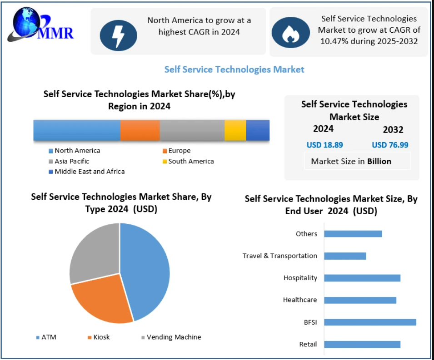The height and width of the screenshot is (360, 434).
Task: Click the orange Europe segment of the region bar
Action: click(x=140, y=130)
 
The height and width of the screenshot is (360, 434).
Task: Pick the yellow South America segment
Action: click(x=235, y=130)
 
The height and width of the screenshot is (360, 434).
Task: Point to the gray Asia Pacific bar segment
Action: click(x=192, y=130)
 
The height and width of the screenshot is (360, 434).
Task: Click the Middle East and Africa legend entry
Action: click(x=89, y=172)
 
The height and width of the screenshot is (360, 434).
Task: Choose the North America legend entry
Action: click(x=77, y=151)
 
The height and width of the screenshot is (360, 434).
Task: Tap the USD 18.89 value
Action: click(x=324, y=145)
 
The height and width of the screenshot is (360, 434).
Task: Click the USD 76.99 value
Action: click(x=390, y=145)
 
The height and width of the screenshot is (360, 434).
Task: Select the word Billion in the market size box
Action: click(x=379, y=161)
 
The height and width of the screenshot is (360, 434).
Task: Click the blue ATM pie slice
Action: click(x=145, y=268)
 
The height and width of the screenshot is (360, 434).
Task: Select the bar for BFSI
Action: click(x=370, y=322)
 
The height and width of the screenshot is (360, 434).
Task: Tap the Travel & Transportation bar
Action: click(x=345, y=256)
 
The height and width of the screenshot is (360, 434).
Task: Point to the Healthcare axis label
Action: click(x=299, y=300)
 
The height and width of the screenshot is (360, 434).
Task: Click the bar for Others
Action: click(x=353, y=234)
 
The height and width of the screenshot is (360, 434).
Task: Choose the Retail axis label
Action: click(x=308, y=345)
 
